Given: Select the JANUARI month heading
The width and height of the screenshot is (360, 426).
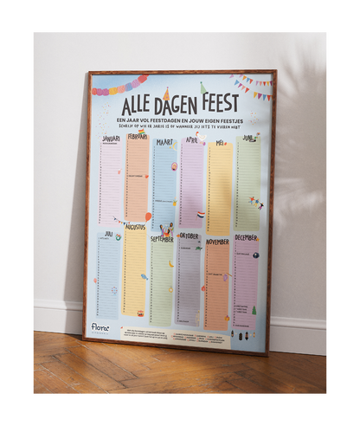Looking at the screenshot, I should click(111, 139).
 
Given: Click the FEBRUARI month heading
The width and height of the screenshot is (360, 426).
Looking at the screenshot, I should click(137, 137).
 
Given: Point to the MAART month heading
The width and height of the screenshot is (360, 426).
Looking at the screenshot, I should click(164, 141).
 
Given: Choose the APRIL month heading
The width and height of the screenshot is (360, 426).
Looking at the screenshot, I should click(191, 139).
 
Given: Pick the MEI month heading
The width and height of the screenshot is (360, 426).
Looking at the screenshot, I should click(220, 142).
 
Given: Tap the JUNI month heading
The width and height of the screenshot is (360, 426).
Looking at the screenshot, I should click(247, 139).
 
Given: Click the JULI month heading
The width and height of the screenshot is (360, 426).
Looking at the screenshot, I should click(109, 234).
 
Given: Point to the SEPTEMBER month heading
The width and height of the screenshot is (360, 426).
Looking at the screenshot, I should click(162, 239).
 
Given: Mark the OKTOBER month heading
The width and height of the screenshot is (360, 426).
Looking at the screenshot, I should click(190, 236).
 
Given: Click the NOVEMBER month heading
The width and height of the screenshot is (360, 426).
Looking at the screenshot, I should click(217, 242).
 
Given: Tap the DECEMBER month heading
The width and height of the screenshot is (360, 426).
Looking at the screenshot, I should click(245, 237).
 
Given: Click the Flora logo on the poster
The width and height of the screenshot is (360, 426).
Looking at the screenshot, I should click(101, 328).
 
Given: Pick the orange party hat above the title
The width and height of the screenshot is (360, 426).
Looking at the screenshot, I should click(166, 94).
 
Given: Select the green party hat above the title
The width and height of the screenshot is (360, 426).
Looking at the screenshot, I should click(202, 87).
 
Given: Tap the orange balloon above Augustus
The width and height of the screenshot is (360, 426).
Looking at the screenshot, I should click(148, 216).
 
